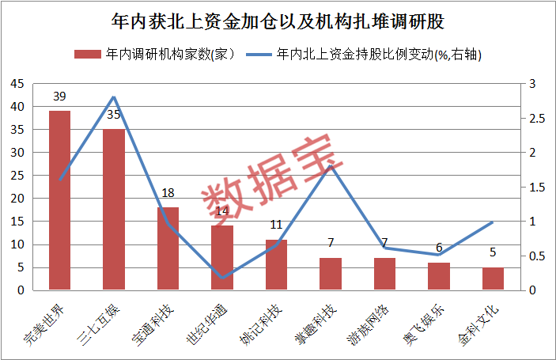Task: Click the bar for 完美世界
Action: [x=60, y=200]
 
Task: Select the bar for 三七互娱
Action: [x=114, y=210]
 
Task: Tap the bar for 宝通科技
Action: [x=168, y=248]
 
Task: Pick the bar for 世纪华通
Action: [x=222, y=258]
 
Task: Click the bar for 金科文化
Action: [x=493, y=279]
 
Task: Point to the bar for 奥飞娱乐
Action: [x=439, y=276]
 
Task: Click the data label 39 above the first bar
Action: [x=60, y=97]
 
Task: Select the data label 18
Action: [x=168, y=193]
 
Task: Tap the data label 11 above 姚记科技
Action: [x=276, y=225]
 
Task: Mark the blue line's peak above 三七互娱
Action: [x=114, y=97]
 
